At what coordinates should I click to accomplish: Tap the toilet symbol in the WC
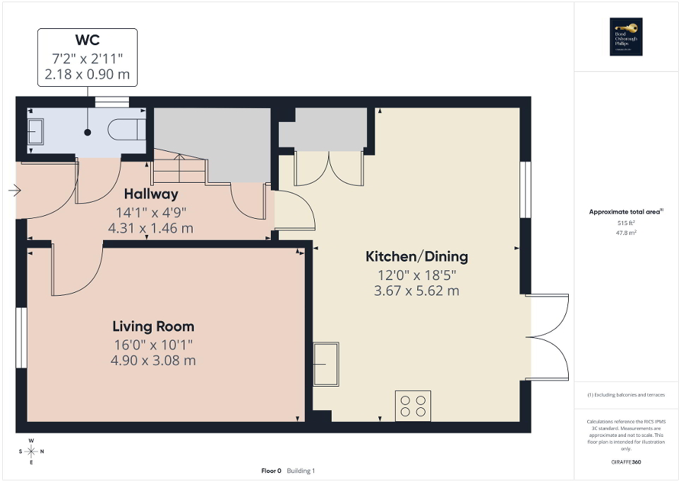pyautogui.click(x=126, y=129)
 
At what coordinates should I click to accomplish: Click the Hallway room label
pyautogui.click(x=151, y=194)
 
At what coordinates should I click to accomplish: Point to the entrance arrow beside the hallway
pyautogui.click(x=14, y=191)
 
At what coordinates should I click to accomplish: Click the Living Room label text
pyautogui.click(x=153, y=327)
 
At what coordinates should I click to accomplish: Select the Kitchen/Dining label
pyautogui.click(x=416, y=256)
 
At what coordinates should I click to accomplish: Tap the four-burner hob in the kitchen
pyautogui.click(x=413, y=406)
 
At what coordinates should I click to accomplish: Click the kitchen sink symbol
pyautogui.click(x=326, y=364)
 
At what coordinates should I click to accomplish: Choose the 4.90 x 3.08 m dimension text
pyautogui.click(x=153, y=361)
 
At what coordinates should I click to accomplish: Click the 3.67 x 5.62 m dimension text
pyautogui.click(x=416, y=291)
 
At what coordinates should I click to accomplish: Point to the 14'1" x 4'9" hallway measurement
pyautogui.click(x=151, y=212)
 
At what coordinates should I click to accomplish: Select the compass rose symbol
pyautogui.click(x=31, y=451)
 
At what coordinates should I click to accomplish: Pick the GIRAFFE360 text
pyautogui.click(x=627, y=462)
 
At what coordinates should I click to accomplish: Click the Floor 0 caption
pyautogui.click(x=271, y=471)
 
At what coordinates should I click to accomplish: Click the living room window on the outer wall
pyautogui.click(x=21, y=337)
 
